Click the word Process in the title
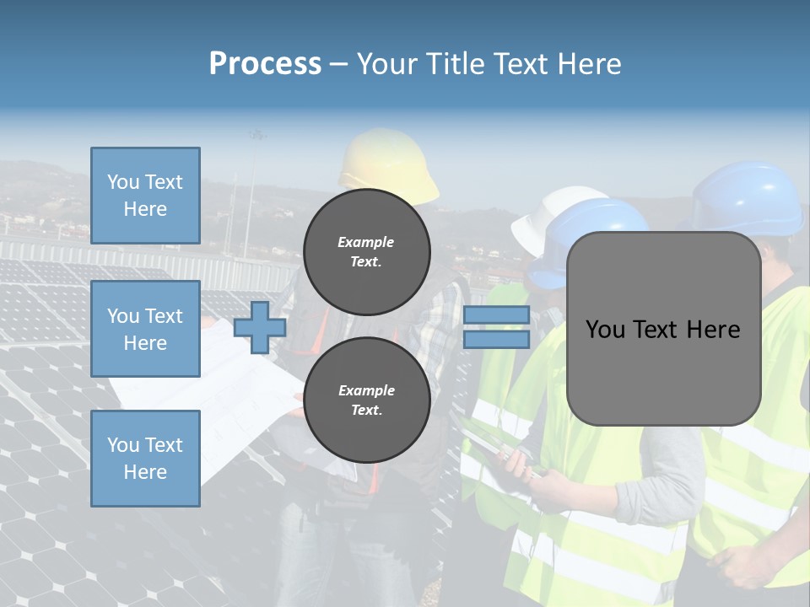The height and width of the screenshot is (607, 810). pyautogui.click(x=265, y=64)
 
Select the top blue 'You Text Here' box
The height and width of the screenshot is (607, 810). pyautogui.click(x=145, y=196)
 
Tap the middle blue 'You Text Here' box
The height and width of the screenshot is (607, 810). pyautogui.click(x=145, y=329)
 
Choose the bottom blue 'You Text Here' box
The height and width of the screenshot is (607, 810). pyautogui.click(x=145, y=458)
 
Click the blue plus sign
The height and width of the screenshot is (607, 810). pyautogui.click(x=260, y=327)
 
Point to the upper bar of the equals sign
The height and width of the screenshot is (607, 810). pyautogui.click(x=496, y=315)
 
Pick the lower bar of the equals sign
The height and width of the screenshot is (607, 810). pyautogui.click(x=496, y=339)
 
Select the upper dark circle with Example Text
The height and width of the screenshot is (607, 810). pyautogui.click(x=366, y=252)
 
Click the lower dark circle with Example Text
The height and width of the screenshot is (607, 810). pyautogui.click(x=366, y=400)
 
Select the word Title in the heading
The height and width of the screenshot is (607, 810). pyautogui.click(x=452, y=64)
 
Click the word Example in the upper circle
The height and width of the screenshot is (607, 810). pyautogui.click(x=366, y=242)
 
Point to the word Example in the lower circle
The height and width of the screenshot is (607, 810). pyautogui.click(x=366, y=390)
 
